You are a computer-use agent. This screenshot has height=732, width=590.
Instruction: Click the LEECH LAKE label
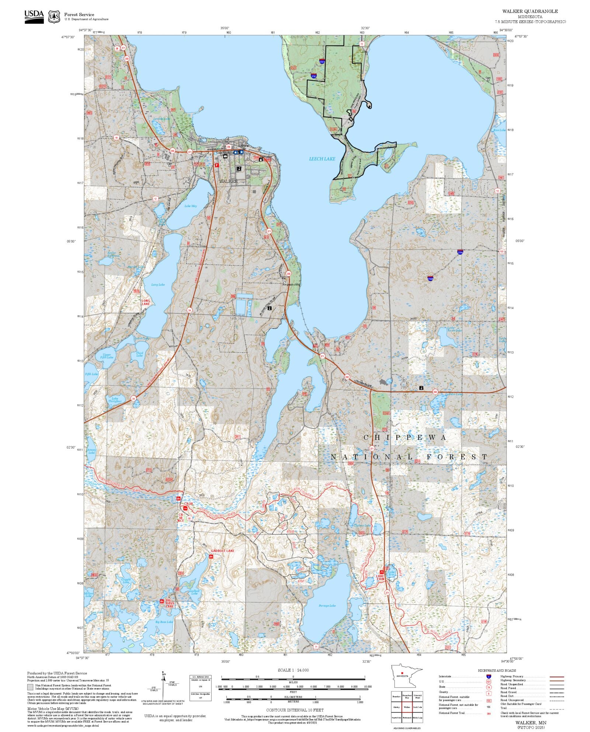click(x=322, y=159)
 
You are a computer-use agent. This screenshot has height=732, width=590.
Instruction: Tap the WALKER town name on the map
click(x=228, y=181)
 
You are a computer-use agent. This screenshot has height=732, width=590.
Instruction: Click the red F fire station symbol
click(x=217, y=165)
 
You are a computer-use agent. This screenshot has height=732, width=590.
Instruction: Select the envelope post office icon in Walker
click(x=225, y=156)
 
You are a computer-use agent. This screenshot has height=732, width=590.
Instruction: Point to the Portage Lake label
click(x=327, y=606)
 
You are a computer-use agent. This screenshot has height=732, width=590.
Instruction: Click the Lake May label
click(x=191, y=206)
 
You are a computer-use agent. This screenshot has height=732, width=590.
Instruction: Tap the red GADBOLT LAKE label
click(x=222, y=551)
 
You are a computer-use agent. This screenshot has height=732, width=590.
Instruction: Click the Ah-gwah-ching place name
click(x=291, y=285)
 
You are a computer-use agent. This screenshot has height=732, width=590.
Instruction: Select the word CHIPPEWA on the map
click(x=405, y=438)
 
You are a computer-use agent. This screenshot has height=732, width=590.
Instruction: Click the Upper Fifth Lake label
click(x=107, y=356)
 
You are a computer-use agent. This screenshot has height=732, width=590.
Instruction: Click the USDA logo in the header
click(x=34, y=17)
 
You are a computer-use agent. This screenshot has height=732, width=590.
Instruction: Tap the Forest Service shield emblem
click(x=54, y=17)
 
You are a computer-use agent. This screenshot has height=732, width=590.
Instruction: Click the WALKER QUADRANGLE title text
click(x=530, y=11)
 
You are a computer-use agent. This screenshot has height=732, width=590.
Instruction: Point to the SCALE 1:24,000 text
click(x=293, y=670)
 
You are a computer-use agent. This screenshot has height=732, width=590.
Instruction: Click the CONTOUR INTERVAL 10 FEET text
click(x=295, y=710)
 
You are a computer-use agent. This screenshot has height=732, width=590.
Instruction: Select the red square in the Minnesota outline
click(x=402, y=673)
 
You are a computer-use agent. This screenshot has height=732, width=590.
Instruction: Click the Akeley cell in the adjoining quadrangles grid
click(x=397, y=707)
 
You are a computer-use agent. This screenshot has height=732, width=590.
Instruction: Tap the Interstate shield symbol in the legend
click(x=489, y=677)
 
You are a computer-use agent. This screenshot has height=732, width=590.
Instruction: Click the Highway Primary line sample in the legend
click(x=556, y=677)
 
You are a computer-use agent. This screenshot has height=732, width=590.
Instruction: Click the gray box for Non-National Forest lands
click(x=30, y=687)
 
